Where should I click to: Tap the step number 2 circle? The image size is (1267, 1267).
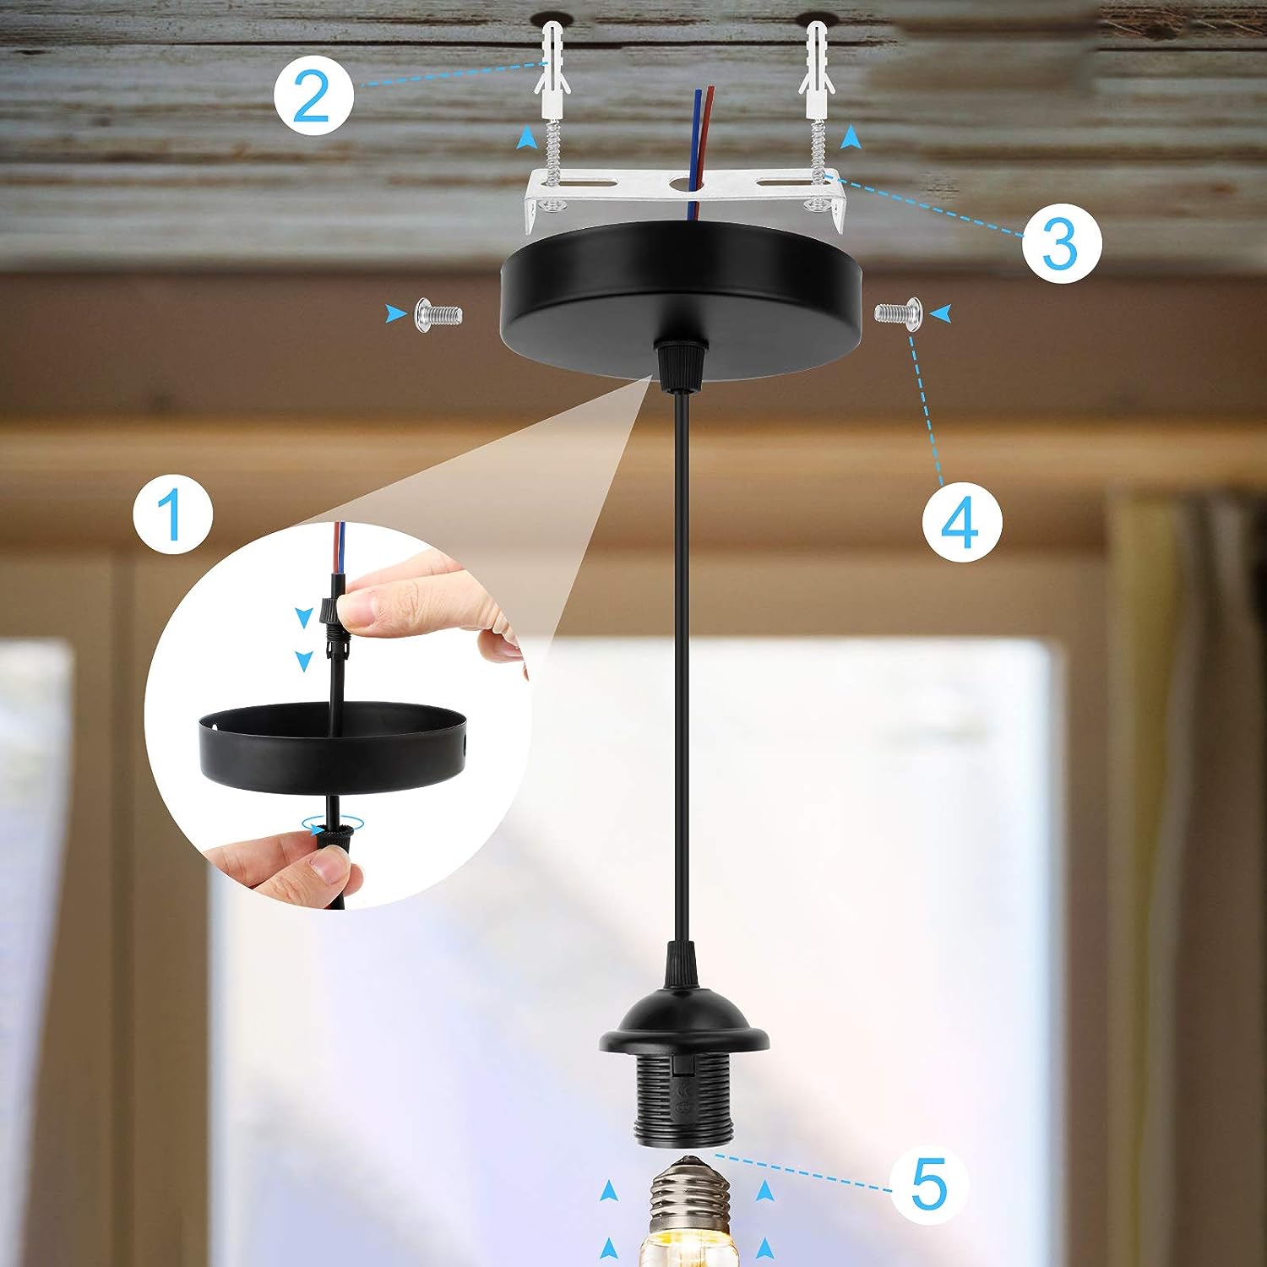[x=313, y=96]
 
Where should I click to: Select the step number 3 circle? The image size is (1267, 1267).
[x=1061, y=242]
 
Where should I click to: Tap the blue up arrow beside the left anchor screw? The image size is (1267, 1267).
[x=527, y=137]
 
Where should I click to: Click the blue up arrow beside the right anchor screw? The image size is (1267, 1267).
[x=851, y=136]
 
